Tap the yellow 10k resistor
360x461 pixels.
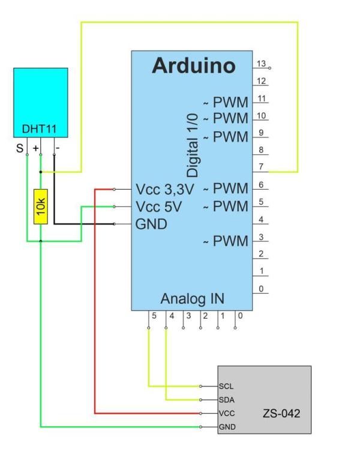40,206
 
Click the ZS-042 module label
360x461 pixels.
281,414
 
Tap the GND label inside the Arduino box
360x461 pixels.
152,224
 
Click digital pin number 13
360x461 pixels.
260,64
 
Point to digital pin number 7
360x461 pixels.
260,167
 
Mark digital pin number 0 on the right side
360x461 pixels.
260,289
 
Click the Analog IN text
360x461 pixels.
193,298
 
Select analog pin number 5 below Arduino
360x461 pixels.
154,316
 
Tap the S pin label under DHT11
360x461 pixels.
20,147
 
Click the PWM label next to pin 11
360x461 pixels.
230,103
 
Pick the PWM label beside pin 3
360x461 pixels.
230,241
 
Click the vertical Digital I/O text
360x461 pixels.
193,147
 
